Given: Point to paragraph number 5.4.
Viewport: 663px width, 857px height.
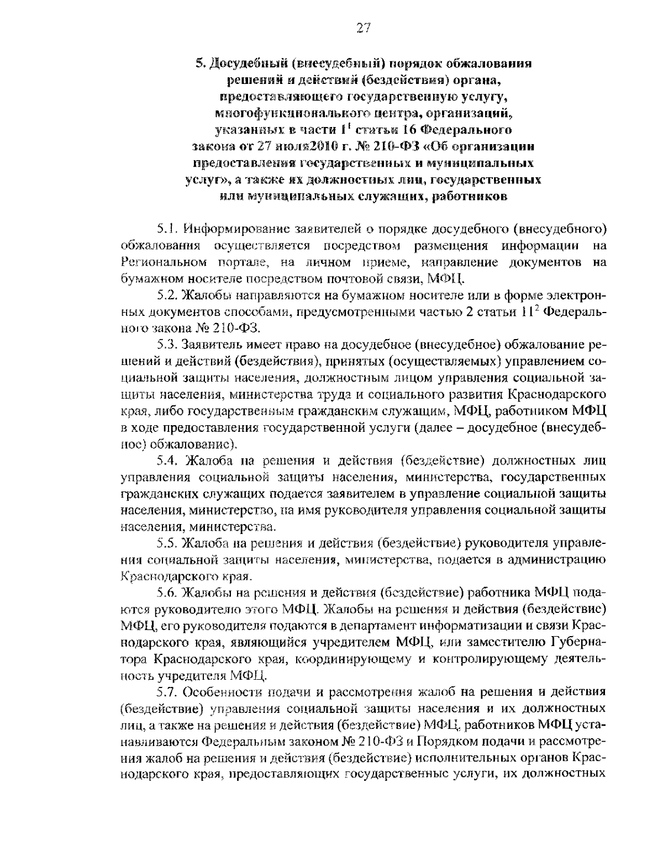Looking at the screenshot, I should point(166,462).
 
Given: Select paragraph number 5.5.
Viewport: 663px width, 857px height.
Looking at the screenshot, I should point(166,543).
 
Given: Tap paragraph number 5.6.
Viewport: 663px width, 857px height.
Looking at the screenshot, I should point(166,593).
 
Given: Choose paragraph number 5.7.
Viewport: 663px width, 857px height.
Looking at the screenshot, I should point(166,691).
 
